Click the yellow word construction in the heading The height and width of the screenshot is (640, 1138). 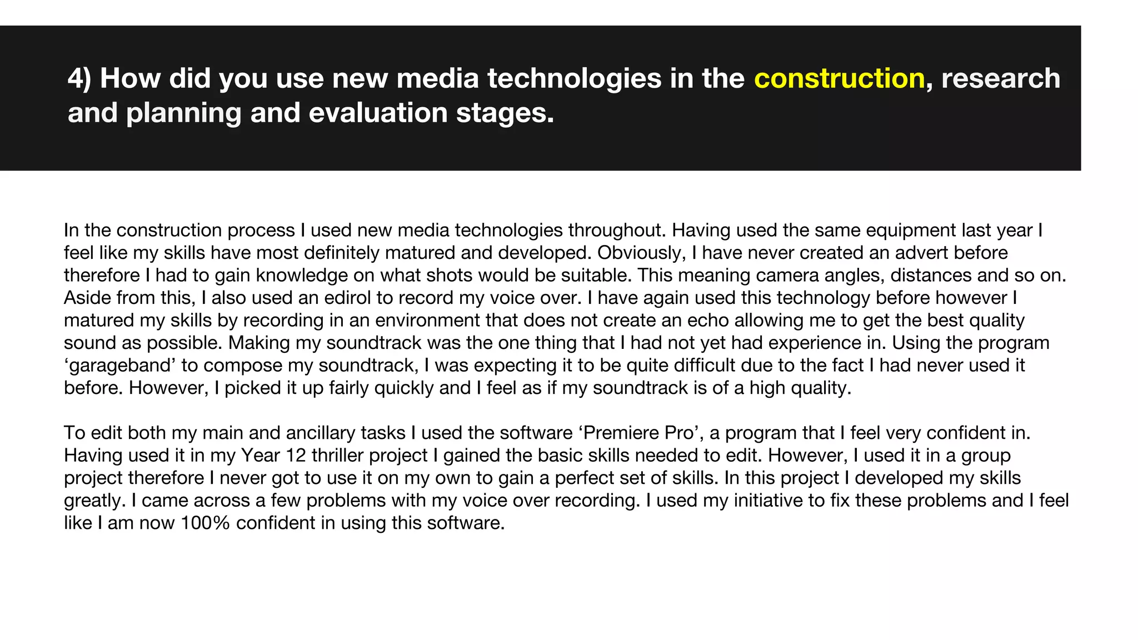click(839, 78)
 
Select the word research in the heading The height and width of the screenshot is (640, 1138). click(1001, 78)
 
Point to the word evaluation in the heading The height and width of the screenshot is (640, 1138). click(378, 113)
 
